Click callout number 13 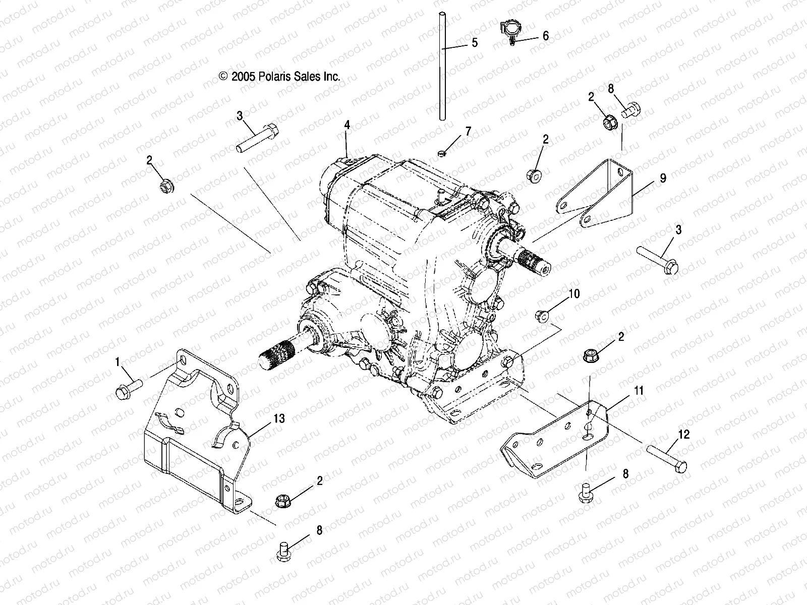(279, 418)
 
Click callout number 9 (663, 178)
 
